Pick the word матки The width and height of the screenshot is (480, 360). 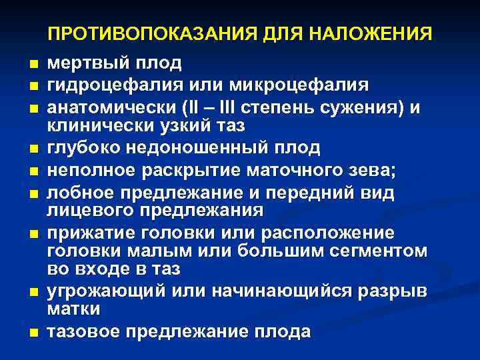click(73, 309)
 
